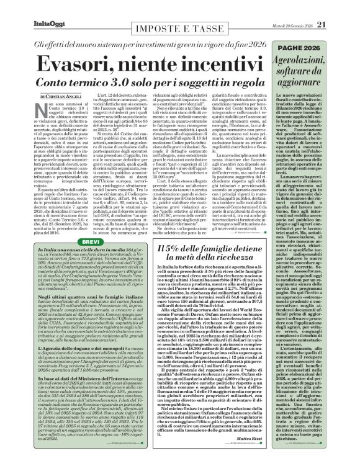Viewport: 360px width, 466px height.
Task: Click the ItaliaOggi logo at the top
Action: coord(26,8)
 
